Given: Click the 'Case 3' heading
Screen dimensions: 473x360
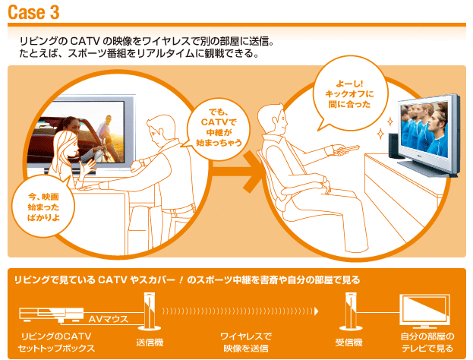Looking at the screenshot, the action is tap(33, 12).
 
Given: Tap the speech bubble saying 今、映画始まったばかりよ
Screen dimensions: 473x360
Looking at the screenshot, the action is tap(43, 207).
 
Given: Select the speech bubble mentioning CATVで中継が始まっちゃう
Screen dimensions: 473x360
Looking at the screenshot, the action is tap(218, 128).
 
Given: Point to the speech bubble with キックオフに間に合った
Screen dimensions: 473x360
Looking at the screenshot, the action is tap(349, 93).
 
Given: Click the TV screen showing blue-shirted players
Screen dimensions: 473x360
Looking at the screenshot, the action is tap(423, 127).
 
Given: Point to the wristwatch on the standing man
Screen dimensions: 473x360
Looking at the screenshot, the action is tap(141, 163).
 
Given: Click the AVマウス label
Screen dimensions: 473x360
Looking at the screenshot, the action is tap(109, 319).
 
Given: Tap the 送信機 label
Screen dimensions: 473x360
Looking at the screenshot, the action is tap(150, 343).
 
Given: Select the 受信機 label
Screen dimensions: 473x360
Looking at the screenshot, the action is tap(348, 343).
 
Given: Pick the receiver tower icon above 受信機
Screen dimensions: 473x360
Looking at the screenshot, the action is tap(351, 311).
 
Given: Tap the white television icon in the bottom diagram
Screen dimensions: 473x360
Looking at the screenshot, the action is tap(424, 311).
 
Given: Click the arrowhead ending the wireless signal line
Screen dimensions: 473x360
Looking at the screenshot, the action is tap(317, 311).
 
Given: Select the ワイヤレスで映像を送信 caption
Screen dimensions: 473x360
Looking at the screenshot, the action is tap(246, 343).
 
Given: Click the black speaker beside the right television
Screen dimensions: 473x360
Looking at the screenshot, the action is tap(393, 146).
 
